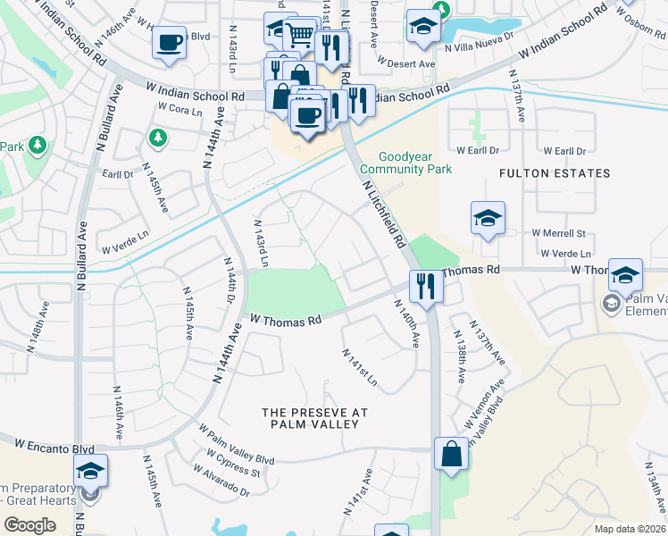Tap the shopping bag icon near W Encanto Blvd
(452, 454)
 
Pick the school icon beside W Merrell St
(488, 219)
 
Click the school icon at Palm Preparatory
(91, 471)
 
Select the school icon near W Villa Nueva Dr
(422, 27)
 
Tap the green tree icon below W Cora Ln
(157, 137)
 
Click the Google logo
(30, 525)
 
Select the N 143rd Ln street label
(261, 243)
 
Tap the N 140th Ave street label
(406, 322)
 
